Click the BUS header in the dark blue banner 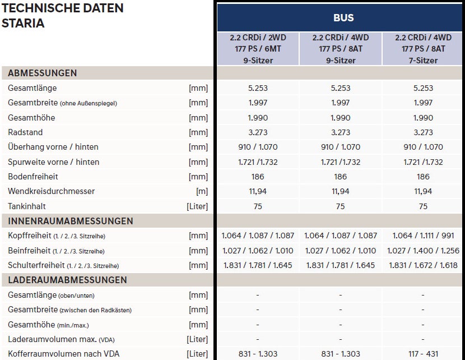[343, 17]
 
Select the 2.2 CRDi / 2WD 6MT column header [258, 49]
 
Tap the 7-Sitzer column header [423, 49]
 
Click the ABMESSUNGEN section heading [43, 73]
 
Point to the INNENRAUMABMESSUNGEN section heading [71, 221]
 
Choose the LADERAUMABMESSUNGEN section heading [67, 280]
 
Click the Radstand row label [25, 132]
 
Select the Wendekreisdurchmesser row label [52, 191]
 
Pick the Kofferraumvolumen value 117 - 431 [423, 354]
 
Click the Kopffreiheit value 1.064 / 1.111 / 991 [423, 236]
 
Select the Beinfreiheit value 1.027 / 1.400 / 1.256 [423, 251]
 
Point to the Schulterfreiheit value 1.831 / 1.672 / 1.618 [423, 265]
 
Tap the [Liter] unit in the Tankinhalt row [197, 206]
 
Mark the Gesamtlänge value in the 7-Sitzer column [423, 88]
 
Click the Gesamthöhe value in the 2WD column [258, 118]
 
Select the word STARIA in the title [23, 24]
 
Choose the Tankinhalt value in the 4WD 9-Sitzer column [341, 206]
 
